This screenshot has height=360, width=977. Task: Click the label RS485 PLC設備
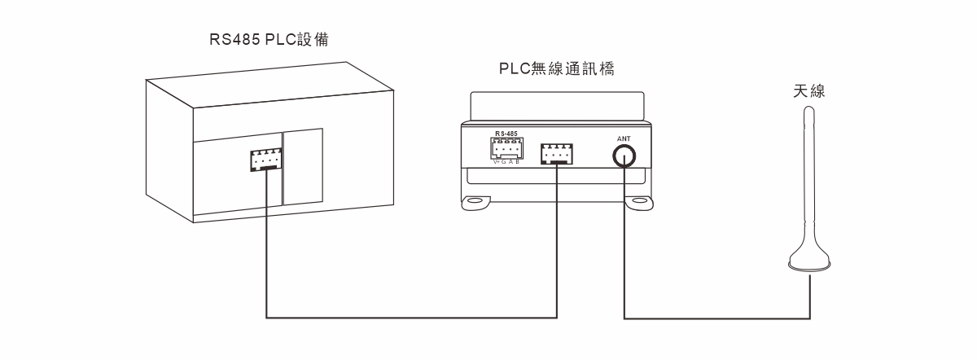click(x=268, y=39)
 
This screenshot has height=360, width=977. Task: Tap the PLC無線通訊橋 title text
click(x=556, y=69)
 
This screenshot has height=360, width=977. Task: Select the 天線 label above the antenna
click(x=809, y=91)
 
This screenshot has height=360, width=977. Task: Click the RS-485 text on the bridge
click(x=506, y=132)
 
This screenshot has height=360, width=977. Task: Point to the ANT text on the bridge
click(x=624, y=138)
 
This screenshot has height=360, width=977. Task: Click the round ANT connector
click(x=624, y=155)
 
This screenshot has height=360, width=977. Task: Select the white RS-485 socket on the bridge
click(x=506, y=148)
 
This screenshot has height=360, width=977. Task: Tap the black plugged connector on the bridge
click(x=557, y=153)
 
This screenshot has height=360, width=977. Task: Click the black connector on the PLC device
click(x=265, y=160)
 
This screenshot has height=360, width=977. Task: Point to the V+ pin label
click(x=497, y=162)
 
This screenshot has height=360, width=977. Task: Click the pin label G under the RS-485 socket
click(x=505, y=162)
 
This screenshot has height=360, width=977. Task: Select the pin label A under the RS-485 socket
click(x=511, y=162)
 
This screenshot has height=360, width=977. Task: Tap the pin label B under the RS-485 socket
click(x=518, y=162)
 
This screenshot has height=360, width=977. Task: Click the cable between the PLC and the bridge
click(x=407, y=318)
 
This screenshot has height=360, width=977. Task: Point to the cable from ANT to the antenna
click(x=716, y=318)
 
